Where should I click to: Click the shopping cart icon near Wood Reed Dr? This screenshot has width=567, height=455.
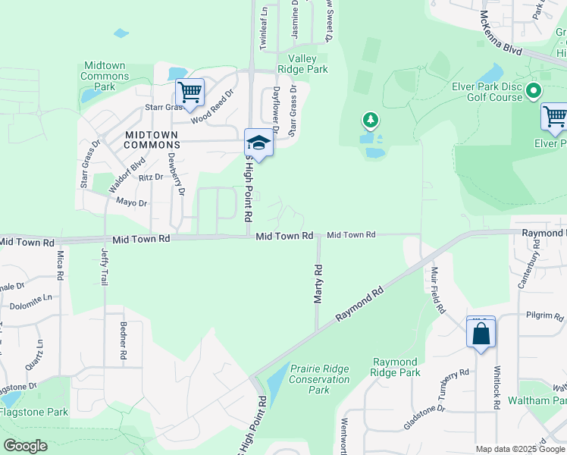coord(190,93)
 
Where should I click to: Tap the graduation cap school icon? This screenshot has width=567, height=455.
coord(258,144)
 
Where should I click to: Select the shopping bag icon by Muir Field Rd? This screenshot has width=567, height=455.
coord(481,333)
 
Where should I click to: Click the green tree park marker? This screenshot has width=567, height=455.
coord(370,120)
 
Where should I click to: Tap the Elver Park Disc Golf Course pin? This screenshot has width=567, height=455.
coord(533,91)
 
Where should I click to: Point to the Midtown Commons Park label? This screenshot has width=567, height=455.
coord(104,77)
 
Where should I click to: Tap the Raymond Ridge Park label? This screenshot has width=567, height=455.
coord(396,368)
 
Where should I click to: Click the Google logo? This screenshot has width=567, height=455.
coord(26,446)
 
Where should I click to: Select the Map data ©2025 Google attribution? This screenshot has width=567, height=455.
coord(520,449)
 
